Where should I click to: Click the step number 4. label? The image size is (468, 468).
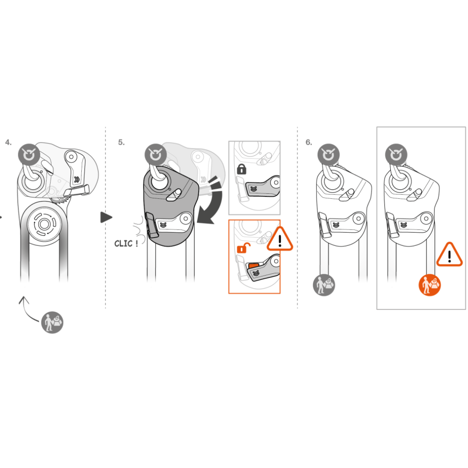[8, 143]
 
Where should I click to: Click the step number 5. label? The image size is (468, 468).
[121, 143]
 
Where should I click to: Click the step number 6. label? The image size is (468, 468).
[308, 143]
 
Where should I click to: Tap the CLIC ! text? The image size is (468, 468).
[126, 244]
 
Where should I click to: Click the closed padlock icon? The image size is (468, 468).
[241, 169]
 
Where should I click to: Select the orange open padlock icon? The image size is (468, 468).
[243, 248]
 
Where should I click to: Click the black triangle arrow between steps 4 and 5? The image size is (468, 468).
[106, 217]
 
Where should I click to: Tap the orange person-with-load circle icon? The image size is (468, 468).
[430, 285]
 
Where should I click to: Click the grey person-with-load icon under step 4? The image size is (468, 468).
[52, 322]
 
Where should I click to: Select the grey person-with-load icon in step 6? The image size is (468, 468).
[324, 285]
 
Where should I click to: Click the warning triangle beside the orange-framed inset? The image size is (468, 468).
[280, 239]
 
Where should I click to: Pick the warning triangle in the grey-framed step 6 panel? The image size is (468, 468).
[449, 255]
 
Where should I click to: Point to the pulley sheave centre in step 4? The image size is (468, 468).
[44, 224]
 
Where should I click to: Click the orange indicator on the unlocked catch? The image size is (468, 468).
[254, 266]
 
